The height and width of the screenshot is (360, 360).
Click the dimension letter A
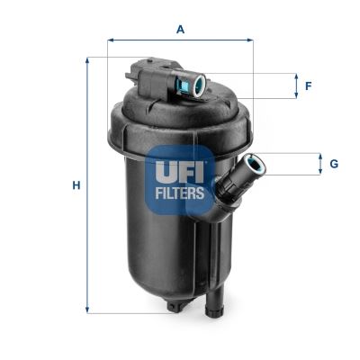click(x=180, y=29)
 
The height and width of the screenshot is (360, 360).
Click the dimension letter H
click(x=76, y=185)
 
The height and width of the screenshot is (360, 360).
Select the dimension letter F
click(x=308, y=86)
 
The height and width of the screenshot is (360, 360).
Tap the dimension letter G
click(x=333, y=164)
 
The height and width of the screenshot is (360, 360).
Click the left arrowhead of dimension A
click(x=111, y=40)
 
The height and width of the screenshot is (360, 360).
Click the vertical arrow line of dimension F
click(x=294, y=86)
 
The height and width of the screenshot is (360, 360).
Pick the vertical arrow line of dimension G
click(x=319, y=164)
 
